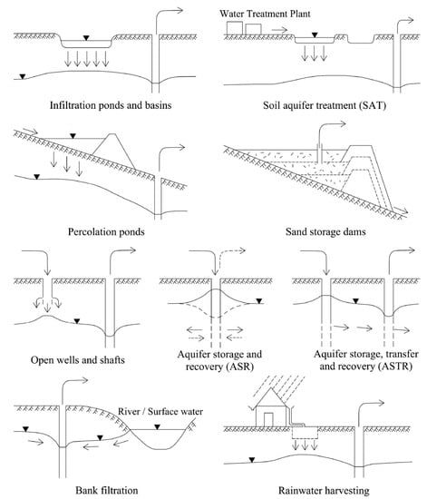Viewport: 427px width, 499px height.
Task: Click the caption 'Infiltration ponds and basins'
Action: pyautogui.click(x=111, y=105)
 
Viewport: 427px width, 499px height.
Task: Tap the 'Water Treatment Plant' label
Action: pyautogui.click(x=265, y=14)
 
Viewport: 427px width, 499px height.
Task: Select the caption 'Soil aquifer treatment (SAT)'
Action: pyautogui.click(x=325, y=105)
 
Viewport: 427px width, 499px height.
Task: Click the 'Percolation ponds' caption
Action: pyautogui.click(x=106, y=231)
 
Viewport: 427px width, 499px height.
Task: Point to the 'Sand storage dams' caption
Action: pyautogui.click(x=325, y=231)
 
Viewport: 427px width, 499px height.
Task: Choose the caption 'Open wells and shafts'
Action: pyautogui.click(x=78, y=360)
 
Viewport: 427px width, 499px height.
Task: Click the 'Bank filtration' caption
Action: pyautogui.click(x=107, y=490)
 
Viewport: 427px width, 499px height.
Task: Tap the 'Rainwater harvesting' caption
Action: pyautogui.click(x=324, y=491)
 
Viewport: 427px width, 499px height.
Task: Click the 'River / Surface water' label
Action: pyautogui.click(x=160, y=412)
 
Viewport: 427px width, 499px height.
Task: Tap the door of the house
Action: pyautogui.click(x=268, y=420)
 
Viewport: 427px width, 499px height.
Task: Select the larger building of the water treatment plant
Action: pyautogui.click(x=235, y=27)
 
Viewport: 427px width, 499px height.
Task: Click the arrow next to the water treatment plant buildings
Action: pyautogui.click(x=279, y=30)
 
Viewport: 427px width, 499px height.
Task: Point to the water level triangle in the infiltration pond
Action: pyautogui.click(x=86, y=38)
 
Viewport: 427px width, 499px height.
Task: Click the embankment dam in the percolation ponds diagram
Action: pyautogui.click(x=113, y=151)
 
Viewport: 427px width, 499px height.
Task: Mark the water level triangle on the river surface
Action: pyautogui.click(x=157, y=426)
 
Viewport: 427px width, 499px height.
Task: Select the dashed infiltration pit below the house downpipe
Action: pyautogui.click(x=305, y=433)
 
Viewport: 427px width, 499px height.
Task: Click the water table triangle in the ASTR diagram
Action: pyautogui.click(x=356, y=300)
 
